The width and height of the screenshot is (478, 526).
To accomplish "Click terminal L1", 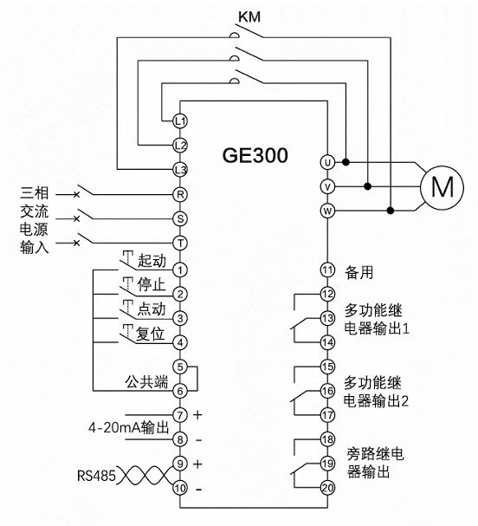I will (x=180, y=120).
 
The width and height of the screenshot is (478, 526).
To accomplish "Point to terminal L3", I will (x=180, y=167).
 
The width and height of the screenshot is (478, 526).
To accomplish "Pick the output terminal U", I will (x=327, y=162).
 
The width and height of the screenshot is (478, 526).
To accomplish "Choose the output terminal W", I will (x=327, y=211).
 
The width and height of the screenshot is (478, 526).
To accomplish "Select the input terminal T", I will (x=180, y=244).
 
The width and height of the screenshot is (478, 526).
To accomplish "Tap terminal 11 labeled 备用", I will (x=327, y=270).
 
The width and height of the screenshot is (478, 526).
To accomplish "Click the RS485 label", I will (x=95, y=475).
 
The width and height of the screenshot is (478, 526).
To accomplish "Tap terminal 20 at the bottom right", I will (x=327, y=488).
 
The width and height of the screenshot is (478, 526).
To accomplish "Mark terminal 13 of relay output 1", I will (x=327, y=319).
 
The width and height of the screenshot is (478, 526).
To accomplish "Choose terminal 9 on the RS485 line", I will (x=180, y=464).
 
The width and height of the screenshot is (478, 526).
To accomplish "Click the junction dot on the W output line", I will (x=390, y=211).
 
